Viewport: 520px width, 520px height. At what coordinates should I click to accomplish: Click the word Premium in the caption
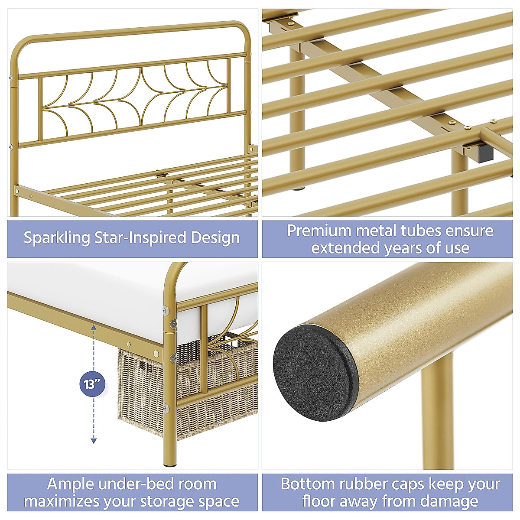[318, 231]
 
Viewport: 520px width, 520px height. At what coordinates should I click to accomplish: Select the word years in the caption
[405, 248]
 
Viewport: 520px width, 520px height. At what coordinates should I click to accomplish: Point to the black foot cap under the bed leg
[169, 466]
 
